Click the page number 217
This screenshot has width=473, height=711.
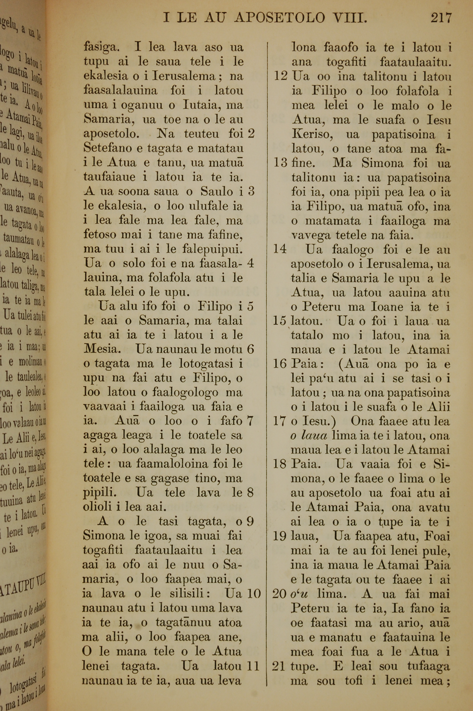(x=441, y=18)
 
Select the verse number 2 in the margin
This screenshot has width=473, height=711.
(x=251, y=134)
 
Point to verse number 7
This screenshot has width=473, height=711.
(x=250, y=421)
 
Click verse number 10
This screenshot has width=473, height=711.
(x=253, y=594)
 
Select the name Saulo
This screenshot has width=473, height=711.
(x=215, y=192)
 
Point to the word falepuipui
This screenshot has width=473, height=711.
(x=212, y=250)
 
